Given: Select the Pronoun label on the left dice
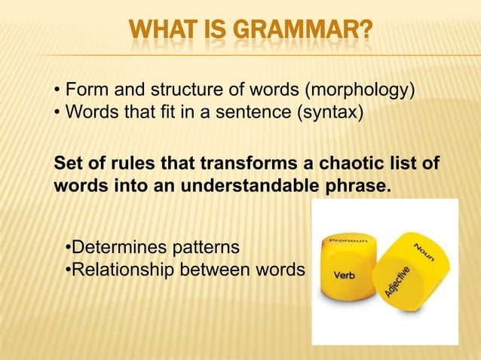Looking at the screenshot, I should tap(348, 239).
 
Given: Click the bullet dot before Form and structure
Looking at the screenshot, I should tap(58, 93).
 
